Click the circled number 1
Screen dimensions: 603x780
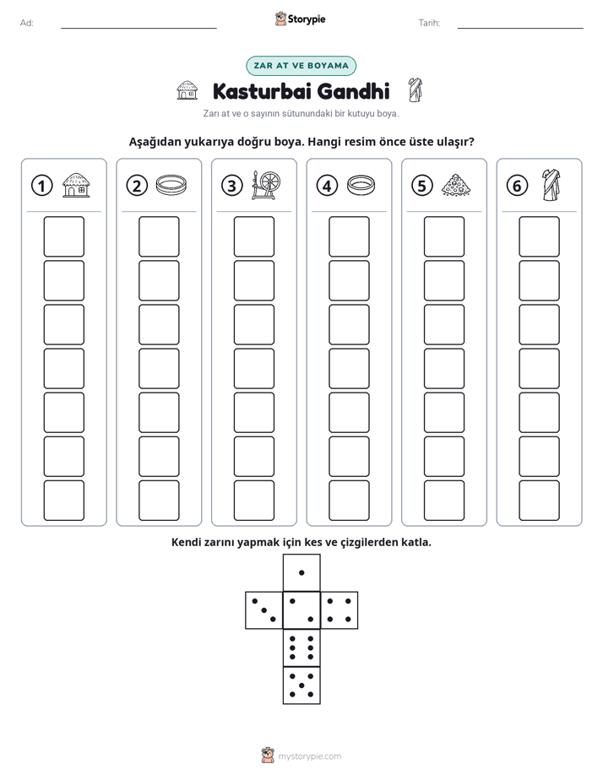(x=41, y=186)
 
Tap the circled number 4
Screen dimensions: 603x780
(x=327, y=186)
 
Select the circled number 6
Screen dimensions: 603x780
(x=517, y=186)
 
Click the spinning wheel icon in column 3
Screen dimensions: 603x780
(x=266, y=186)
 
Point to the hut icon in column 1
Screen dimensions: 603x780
(x=76, y=186)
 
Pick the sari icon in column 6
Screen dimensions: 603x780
(x=551, y=186)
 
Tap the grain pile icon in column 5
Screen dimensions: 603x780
(x=456, y=185)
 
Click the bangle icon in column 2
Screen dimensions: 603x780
(x=171, y=185)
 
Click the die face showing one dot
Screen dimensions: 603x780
(x=301, y=572)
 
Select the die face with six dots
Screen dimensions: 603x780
(x=301, y=647)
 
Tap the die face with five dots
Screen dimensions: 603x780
(x=301, y=685)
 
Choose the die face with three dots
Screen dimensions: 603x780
(x=263, y=610)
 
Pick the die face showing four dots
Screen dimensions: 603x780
(x=340, y=610)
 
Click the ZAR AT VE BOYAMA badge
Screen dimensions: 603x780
(x=301, y=66)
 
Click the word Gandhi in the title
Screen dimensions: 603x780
(x=353, y=91)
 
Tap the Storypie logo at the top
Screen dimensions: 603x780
(x=300, y=19)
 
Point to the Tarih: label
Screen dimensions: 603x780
(x=429, y=23)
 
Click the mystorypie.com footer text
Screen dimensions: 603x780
(x=309, y=756)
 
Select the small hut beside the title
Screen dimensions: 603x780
(x=187, y=90)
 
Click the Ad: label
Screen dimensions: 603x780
(x=27, y=23)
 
